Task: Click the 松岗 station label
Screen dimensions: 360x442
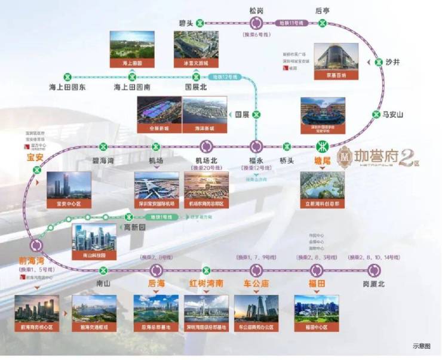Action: [x=257, y=10]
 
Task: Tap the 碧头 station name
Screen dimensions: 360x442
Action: [x=186, y=23]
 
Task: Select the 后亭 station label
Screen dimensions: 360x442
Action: [x=323, y=10]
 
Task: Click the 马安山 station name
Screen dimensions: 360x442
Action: [x=392, y=115]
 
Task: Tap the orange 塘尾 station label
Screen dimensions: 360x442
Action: [x=323, y=160]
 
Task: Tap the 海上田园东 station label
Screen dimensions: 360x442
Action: [x=67, y=88]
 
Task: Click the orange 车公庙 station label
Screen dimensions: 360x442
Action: [x=255, y=284]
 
